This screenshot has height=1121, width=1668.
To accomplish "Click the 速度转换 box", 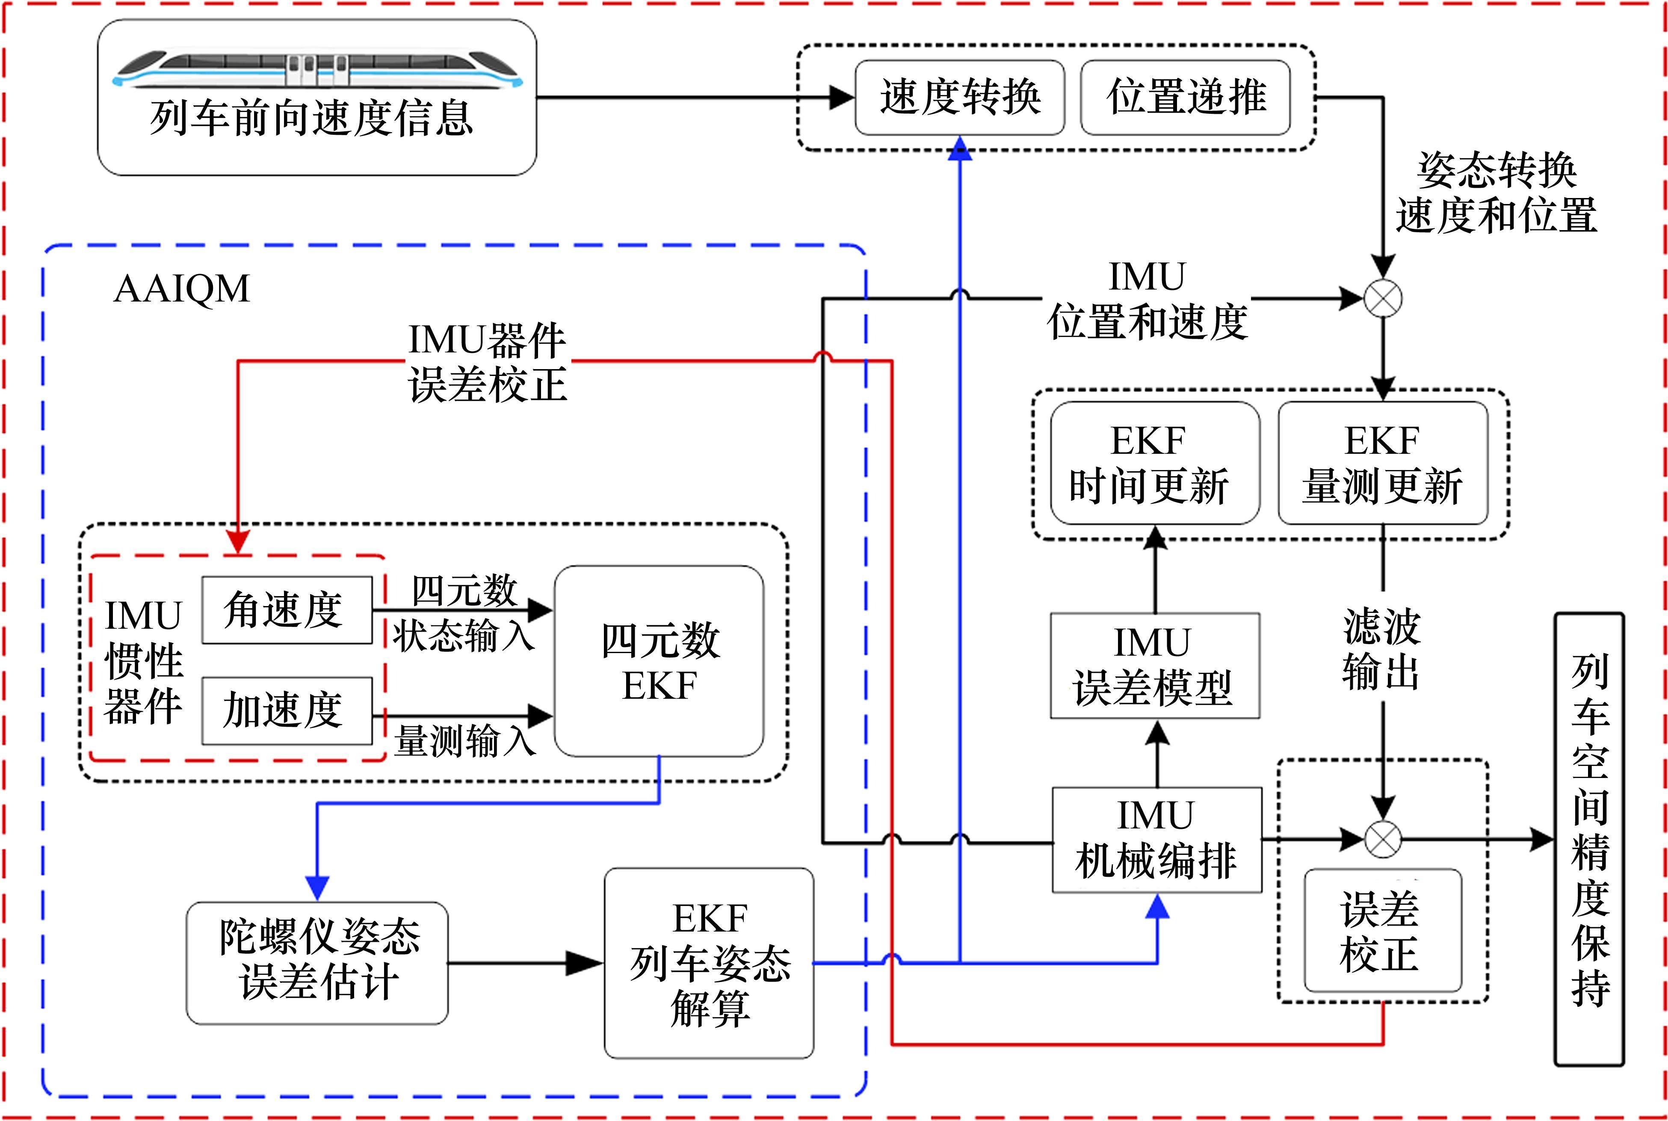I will pos(959,97).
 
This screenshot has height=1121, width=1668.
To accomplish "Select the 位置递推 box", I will pos(1186,97).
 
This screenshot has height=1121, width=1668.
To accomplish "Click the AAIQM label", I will pos(182,289).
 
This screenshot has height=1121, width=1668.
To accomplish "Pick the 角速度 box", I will pos(287,610).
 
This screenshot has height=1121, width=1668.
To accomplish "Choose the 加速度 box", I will pos(287,711).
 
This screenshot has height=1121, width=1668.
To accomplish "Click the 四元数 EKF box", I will pos(659,661).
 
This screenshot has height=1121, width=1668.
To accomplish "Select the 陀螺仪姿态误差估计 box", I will pos(317,962).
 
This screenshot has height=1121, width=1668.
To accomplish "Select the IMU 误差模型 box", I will pos(1155,666).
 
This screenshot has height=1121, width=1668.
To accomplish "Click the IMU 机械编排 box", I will pos(1156,839).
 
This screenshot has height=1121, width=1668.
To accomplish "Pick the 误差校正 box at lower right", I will pos(1382,930).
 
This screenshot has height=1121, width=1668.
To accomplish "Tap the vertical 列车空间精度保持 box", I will pos(1589,839).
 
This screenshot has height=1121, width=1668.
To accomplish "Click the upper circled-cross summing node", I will pos(1383,299).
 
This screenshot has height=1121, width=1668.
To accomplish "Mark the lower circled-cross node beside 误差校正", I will pos(1383,839).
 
